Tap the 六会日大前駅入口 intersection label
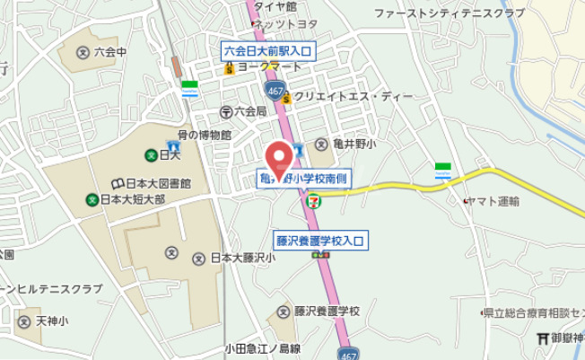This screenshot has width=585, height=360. (266, 51)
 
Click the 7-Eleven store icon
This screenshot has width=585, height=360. (312, 201)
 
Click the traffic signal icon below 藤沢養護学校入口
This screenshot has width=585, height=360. (319, 256)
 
